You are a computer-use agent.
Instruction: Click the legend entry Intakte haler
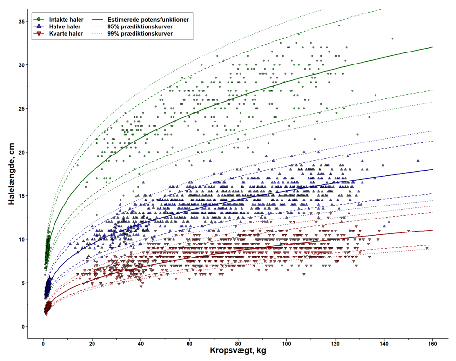[70, 19]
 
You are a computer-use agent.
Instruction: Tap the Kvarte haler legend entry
[69, 35]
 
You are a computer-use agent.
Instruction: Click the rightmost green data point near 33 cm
[392, 39]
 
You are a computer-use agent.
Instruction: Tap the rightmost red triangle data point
[427, 248]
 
